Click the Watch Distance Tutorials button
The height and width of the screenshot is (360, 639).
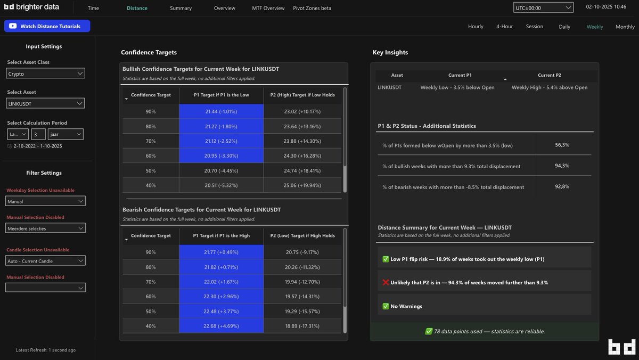(x=47, y=26)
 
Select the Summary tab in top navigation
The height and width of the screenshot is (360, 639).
(x=181, y=8)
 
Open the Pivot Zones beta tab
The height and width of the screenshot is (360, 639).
(x=312, y=8)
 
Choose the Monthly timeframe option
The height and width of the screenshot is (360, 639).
(x=625, y=27)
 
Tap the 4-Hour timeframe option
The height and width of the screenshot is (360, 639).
(x=504, y=27)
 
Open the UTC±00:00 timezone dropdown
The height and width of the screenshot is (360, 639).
(x=543, y=7)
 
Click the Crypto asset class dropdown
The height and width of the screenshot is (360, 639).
(x=46, y=73)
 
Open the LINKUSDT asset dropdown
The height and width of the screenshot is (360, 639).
(x=46, y=103)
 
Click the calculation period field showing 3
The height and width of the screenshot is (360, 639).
(x=38, y=134)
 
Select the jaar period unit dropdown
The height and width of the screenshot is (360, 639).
(x=66, y=134)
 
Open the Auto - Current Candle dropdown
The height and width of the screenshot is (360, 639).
(x=46, y=261)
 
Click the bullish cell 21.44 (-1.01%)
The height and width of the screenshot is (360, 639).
(x=221, y=111)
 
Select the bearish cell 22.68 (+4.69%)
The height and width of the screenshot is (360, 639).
(x=221, y=326)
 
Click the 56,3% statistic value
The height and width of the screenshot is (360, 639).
(x=562, y=145)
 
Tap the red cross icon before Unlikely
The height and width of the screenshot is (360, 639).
(x=386, y=283)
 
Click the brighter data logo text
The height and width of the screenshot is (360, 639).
(x=31, y=7)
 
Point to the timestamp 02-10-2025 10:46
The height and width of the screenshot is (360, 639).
(x=606, y=7)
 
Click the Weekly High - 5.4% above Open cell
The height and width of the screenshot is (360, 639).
(x=550, y=87)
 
